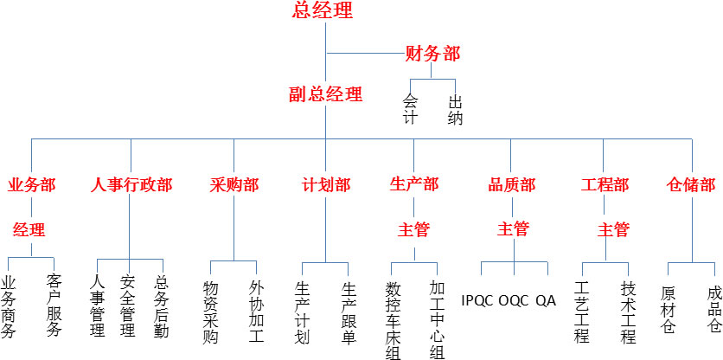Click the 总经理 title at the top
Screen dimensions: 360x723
pos(324,11)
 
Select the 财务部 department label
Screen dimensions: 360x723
pos(432,54)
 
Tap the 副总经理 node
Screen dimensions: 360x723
pos(325,94)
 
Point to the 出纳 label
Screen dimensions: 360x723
pos(455,110)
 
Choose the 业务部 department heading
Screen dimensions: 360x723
pos(31,185)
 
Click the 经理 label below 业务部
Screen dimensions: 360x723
pos(29,230)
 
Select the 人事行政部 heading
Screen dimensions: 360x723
pos(131,185)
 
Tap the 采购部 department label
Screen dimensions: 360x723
pos(234,185)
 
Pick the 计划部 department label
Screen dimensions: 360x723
pos(326,185)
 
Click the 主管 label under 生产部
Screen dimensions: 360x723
pos(413,230)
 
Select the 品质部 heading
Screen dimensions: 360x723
pos(512,185)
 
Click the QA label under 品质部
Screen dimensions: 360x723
pos(546,301)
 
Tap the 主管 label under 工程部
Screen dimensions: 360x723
pos(613,230)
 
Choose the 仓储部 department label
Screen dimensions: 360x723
pos(692,185)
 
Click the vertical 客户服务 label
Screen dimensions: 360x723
pos(54,305)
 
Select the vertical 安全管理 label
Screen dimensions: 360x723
pos(129,305)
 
